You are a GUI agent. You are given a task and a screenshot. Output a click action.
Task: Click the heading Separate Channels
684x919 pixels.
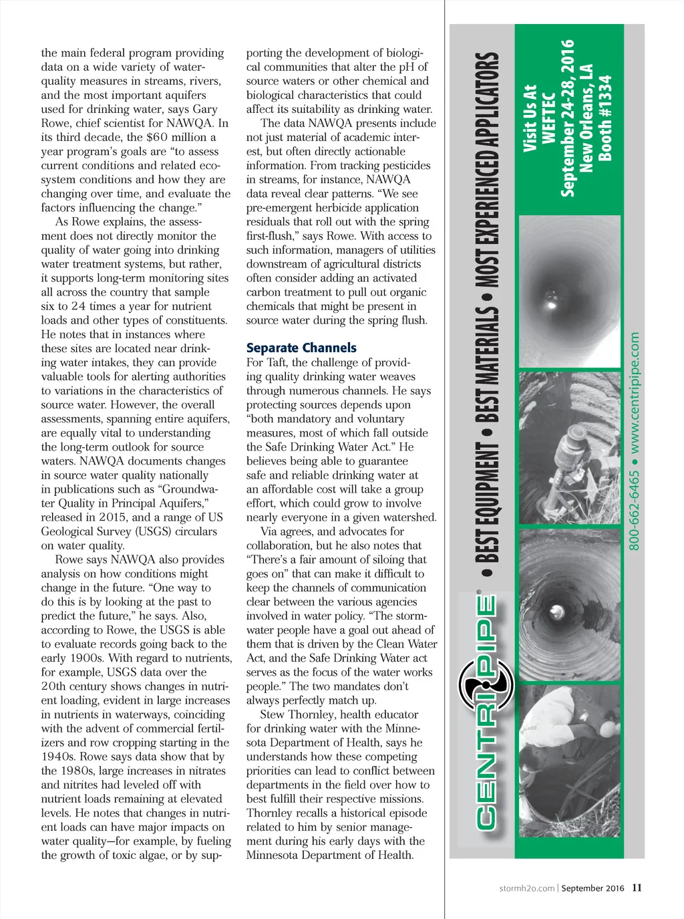click(x=301, y=348)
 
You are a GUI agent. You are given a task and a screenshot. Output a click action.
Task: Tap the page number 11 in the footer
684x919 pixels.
click(x=637, y=888)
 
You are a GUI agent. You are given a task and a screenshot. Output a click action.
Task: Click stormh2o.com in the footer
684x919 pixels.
click(x=526, y=888)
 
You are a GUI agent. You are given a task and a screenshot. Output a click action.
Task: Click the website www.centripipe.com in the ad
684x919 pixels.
click(x=635, y=391)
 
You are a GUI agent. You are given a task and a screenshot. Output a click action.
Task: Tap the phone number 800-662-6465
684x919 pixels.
click(x=635, y=511)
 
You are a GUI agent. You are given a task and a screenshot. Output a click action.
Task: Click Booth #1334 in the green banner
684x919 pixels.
click(x=605, y=118)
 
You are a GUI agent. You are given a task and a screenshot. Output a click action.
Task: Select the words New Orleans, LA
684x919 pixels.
click(x=586, y=118)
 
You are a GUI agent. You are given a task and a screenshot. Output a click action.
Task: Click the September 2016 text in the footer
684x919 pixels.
click(x=592, y=888)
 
